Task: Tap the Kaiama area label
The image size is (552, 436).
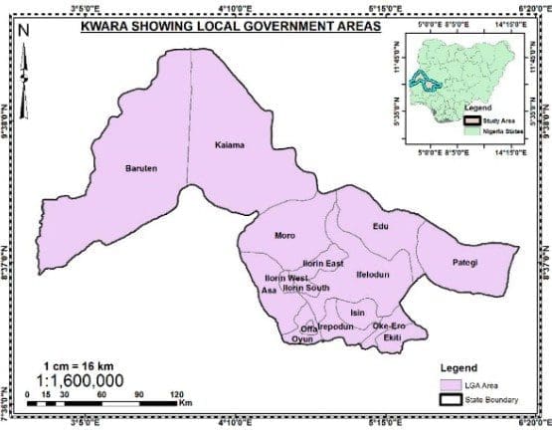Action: [230, 145]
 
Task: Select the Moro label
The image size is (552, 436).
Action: [284, 236]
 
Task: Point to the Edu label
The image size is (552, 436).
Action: [378, 227]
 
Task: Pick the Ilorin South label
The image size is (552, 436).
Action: [306, 288]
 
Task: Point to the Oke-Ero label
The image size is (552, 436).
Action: [389, 327]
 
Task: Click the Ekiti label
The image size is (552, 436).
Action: [393, 338]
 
